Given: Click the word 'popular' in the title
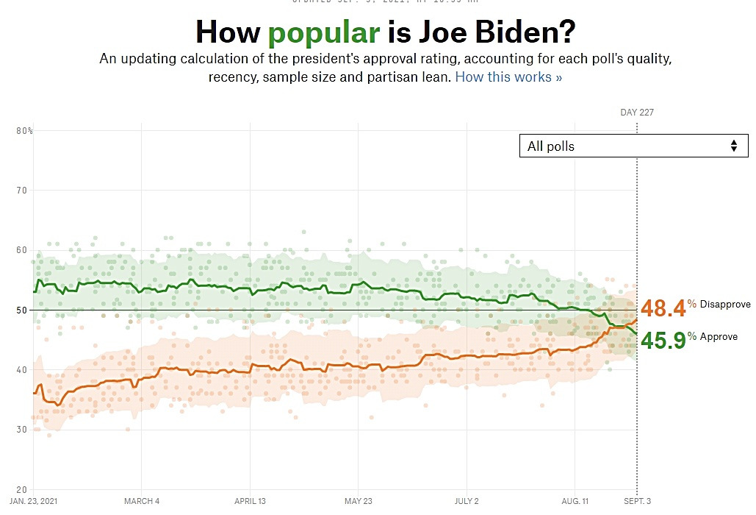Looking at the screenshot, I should (x=323, y=32).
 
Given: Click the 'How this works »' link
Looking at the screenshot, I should (x=508, y=77).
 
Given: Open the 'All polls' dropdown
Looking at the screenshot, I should (x=633, y=146).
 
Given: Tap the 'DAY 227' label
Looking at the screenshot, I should (x=636, y=113).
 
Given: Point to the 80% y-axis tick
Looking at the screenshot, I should (x=24, y=131).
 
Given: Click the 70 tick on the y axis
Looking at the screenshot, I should (x=21, y=191).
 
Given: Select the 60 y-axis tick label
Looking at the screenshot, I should (x=21, y=250).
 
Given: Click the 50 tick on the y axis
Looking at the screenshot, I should (x=21, y=310).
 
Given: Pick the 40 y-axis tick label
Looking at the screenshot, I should (x=21, y=370).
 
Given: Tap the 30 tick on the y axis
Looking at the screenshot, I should (x=21, y=430).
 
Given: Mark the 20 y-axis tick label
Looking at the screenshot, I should (x=21, y=489).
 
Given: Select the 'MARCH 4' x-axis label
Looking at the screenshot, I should (x=142, y=502).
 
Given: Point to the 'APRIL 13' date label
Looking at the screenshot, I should (x=251, y=502).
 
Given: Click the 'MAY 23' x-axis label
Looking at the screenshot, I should (x=358, y=502).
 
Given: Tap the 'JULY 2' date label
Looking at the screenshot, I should (x=467, y=502).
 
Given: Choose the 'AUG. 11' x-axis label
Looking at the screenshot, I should (x=575, y=502).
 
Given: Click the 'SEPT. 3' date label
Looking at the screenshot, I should (x=636, y=502).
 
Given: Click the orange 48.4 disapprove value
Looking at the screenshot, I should (x=663, y=308).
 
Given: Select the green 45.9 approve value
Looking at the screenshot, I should (x=663, y=341).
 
